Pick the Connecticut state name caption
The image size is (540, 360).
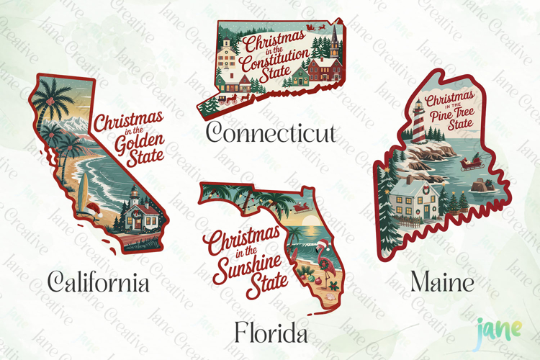[x=271, y=132]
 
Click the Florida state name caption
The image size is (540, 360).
[x=270, y=333]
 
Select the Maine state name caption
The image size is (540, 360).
[x=442, y=282]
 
